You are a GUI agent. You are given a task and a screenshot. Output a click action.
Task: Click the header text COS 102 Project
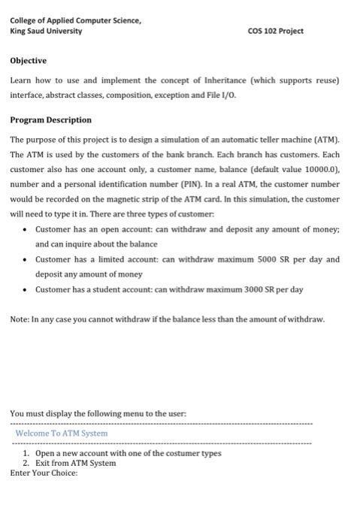coord(275,32)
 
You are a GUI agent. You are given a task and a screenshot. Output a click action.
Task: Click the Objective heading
coord(28,61)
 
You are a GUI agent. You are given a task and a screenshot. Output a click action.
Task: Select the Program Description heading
coord(50,119)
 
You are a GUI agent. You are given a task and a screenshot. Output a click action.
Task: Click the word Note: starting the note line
coord(20,319)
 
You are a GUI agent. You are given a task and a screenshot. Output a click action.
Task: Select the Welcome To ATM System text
coord(62,434)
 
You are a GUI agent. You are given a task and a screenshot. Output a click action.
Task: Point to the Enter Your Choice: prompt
coord(44,473)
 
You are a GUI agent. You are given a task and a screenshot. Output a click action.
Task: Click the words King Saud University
coord(46,32)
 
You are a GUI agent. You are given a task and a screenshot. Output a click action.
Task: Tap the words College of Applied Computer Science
coord(75,20)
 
